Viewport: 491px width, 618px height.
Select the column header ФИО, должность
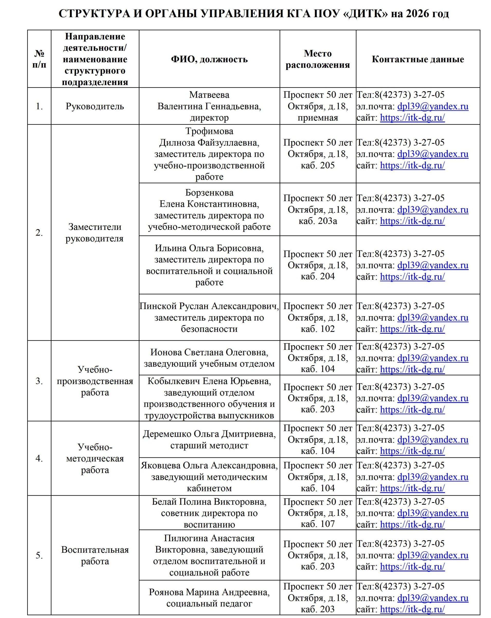point(209,59)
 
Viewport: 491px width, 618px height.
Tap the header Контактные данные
point(417,59)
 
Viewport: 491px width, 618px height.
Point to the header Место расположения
point(317,59)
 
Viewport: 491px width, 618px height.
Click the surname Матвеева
point(209,95)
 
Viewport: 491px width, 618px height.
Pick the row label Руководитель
point(95,106)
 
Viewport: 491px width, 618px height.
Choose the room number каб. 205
point(317,165)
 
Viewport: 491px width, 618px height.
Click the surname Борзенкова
point(209,193)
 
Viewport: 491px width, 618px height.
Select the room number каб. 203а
point(317,221)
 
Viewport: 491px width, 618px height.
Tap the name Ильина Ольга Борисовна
point(209,248)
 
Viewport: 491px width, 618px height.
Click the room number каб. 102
point(317,329)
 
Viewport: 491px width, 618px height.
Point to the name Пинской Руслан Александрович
point(209,306)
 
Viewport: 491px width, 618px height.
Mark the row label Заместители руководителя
point(95,233)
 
